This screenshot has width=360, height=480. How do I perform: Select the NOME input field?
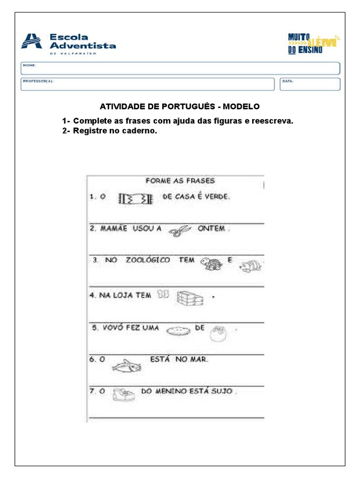point(180,68)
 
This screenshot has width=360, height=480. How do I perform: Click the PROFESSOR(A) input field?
point(147,84)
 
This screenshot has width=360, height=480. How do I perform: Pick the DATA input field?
point(310,84)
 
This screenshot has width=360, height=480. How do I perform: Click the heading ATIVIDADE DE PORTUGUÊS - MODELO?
point(180,106)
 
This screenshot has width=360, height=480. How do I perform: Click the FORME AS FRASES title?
point(180,180)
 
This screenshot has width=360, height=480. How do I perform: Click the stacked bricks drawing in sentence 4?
point(189,297)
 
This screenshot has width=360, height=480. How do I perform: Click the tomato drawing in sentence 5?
point(218,334)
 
